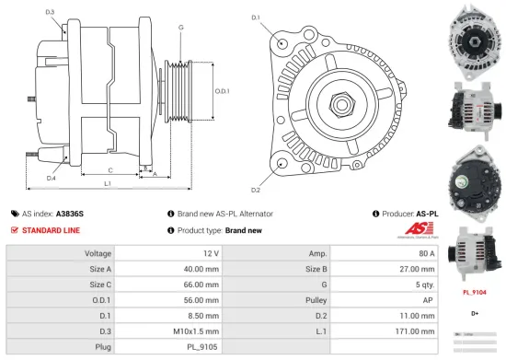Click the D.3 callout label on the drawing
tap(50, 12)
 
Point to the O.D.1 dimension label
tap(222, 90)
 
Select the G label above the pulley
tap(180, 28)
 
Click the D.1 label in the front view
tap(256, 17)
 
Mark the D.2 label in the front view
tap(256, 191)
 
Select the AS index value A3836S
tap(70, 213)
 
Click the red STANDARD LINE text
tap(53, 230)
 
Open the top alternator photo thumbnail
tap(476, 39)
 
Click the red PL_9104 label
tap(475, 293)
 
